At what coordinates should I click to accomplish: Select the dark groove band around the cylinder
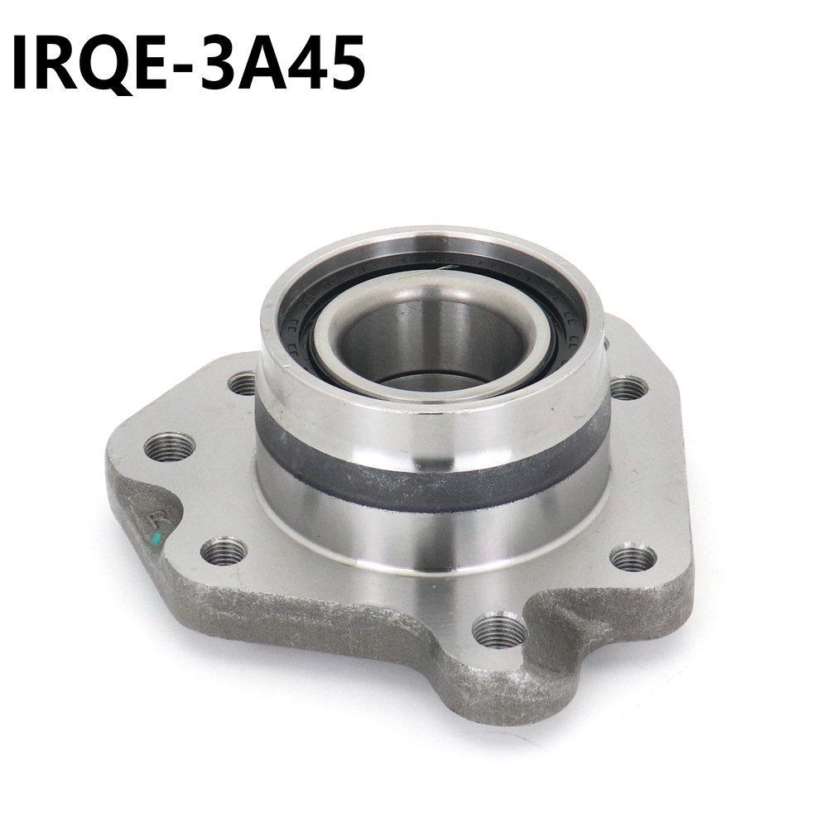click(x=431, y=484)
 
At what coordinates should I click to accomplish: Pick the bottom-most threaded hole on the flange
click(x=499, y=631)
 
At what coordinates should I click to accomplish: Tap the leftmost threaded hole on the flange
click(x=169, y=447)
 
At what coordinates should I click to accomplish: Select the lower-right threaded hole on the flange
click(x=633, y=559)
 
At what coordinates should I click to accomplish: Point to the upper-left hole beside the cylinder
click(x=243, y=383)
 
